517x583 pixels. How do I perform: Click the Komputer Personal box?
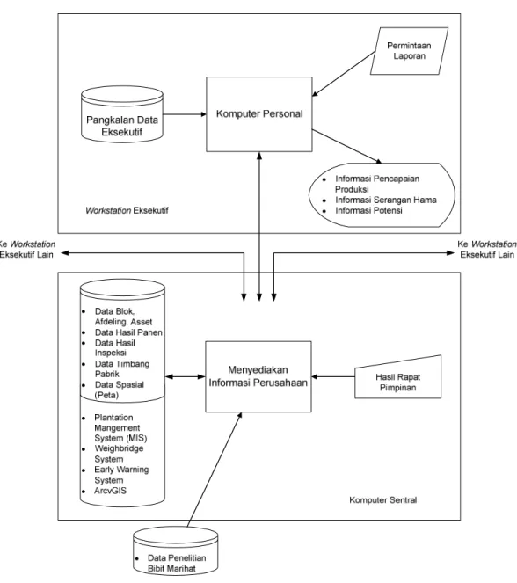click(259, 114)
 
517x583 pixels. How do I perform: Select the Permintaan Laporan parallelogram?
click(409, 51)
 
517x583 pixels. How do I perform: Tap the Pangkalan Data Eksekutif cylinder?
click(122, 114)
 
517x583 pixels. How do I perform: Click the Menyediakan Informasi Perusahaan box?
click(258, 376)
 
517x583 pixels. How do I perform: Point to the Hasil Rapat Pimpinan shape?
click(398, 377)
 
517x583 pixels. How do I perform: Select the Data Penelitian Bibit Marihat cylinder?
click(176, 550)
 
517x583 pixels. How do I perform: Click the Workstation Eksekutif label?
click(127, 210)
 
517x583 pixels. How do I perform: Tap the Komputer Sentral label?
click(382, 500)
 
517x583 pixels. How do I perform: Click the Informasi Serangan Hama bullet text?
click(386, 200)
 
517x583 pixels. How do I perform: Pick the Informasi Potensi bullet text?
click(368, 210)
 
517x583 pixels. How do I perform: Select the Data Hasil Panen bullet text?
click(128, 332)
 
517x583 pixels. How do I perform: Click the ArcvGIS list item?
click(111, 491)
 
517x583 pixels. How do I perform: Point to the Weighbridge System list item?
click(119, 454)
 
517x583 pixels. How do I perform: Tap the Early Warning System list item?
click(121, 475)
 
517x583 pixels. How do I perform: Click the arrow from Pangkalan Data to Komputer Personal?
click(185, 114)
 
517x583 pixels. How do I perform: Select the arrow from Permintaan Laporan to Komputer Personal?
click(344, 74)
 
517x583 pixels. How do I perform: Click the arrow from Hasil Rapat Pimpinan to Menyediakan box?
click(333, 376)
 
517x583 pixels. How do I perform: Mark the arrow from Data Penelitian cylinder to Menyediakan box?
click(215, 470)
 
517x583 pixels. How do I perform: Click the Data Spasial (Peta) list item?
click(120, 390)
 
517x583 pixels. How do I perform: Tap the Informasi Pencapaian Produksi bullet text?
click(377, 184)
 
